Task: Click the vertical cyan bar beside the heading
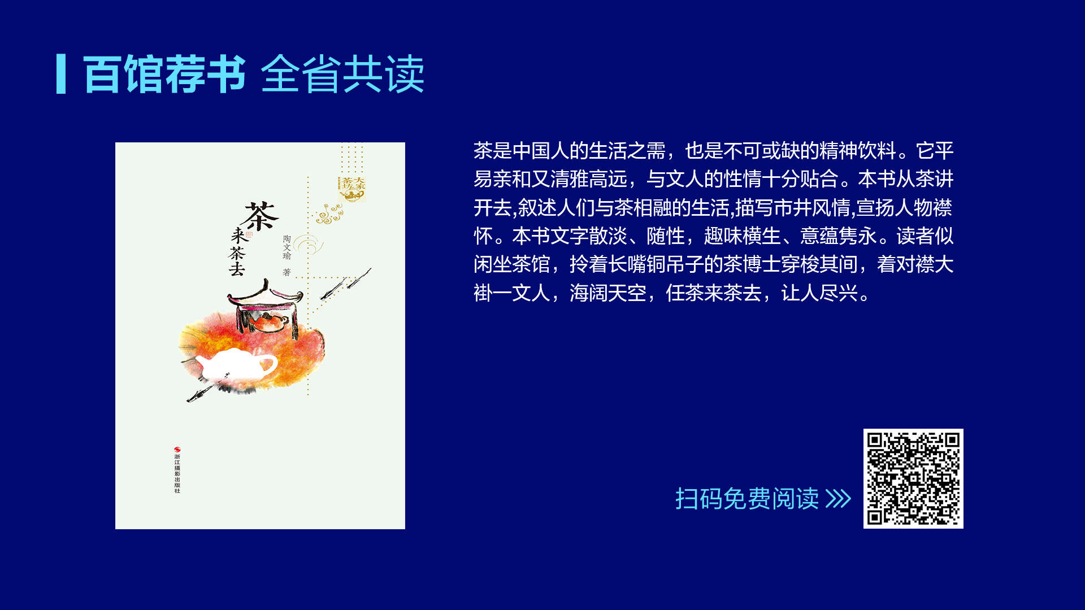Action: [61, 74]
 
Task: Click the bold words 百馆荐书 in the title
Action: [164, 74]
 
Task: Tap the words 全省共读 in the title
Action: [342, 74]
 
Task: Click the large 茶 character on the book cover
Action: [261, 216]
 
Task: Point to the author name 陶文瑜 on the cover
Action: [287, 247]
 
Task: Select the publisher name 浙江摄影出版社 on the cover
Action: [177, 473]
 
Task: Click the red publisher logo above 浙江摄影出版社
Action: [177, 450]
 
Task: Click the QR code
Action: [913, 478]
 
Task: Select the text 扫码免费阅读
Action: [747, 499]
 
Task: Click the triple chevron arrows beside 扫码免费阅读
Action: [838, 499]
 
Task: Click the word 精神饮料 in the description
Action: [858, 151]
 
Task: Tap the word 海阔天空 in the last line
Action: [608, 293]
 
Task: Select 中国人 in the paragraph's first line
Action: [541, 151]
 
